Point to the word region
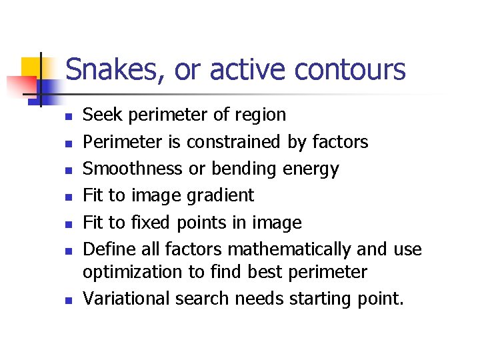(259, 115)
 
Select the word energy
(311, 169)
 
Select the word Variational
(126, 299)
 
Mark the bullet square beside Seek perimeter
(67, 116)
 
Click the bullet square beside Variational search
(67, 300)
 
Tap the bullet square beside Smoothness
(67, 170)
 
